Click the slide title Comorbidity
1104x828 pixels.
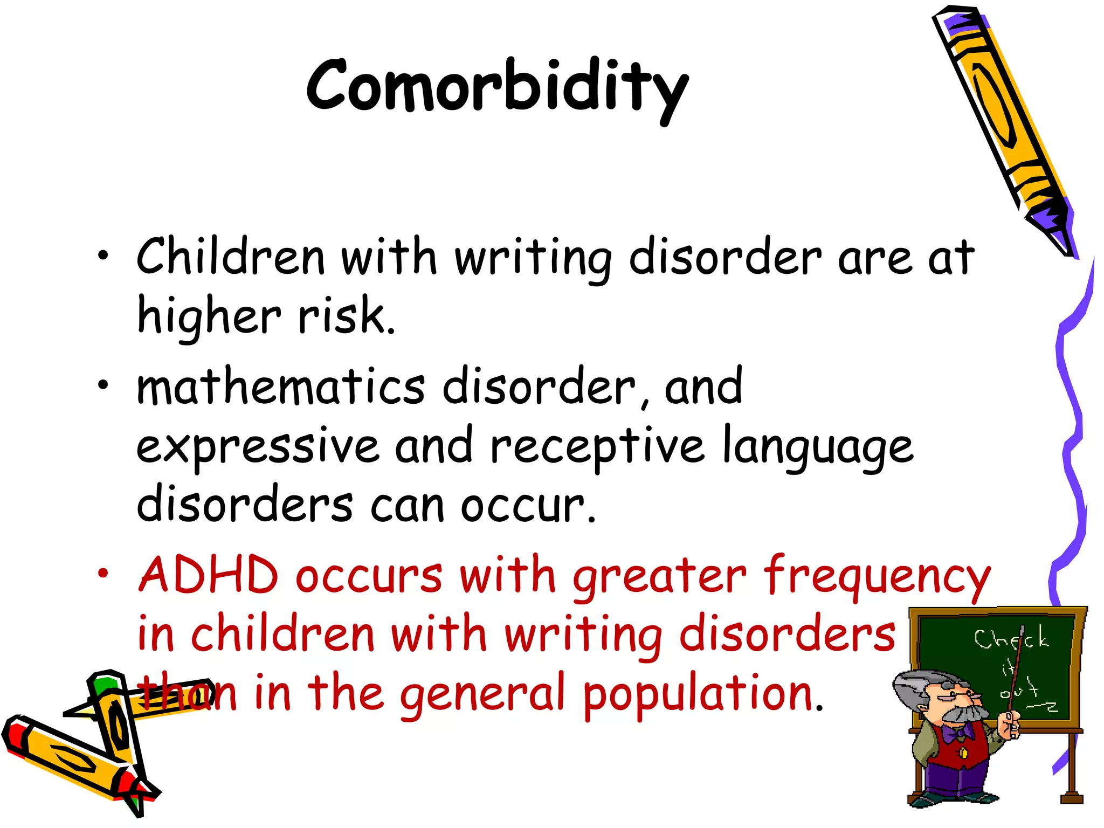pos(497,86)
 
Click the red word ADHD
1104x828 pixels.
pos(208,575)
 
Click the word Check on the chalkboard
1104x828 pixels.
pos(1011,640)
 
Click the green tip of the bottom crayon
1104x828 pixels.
pos(102,684)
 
